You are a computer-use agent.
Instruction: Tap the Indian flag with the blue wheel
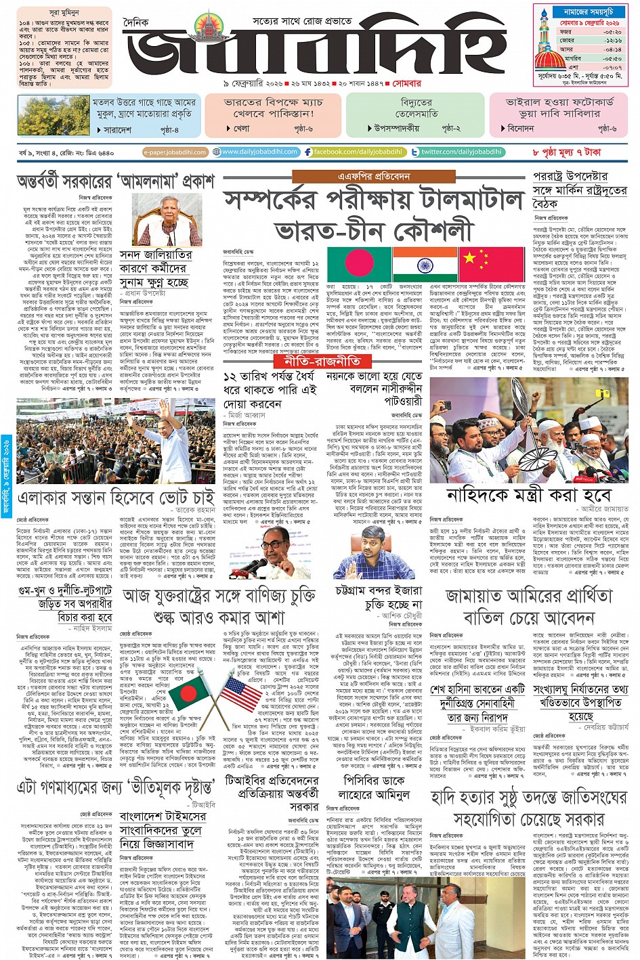pos(425,265)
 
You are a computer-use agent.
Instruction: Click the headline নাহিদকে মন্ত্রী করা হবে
pos(528,495)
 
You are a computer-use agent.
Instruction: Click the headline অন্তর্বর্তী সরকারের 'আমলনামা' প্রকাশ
pos(115,181)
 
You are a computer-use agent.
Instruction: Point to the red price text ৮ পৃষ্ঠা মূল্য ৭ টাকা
pos(567,152)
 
